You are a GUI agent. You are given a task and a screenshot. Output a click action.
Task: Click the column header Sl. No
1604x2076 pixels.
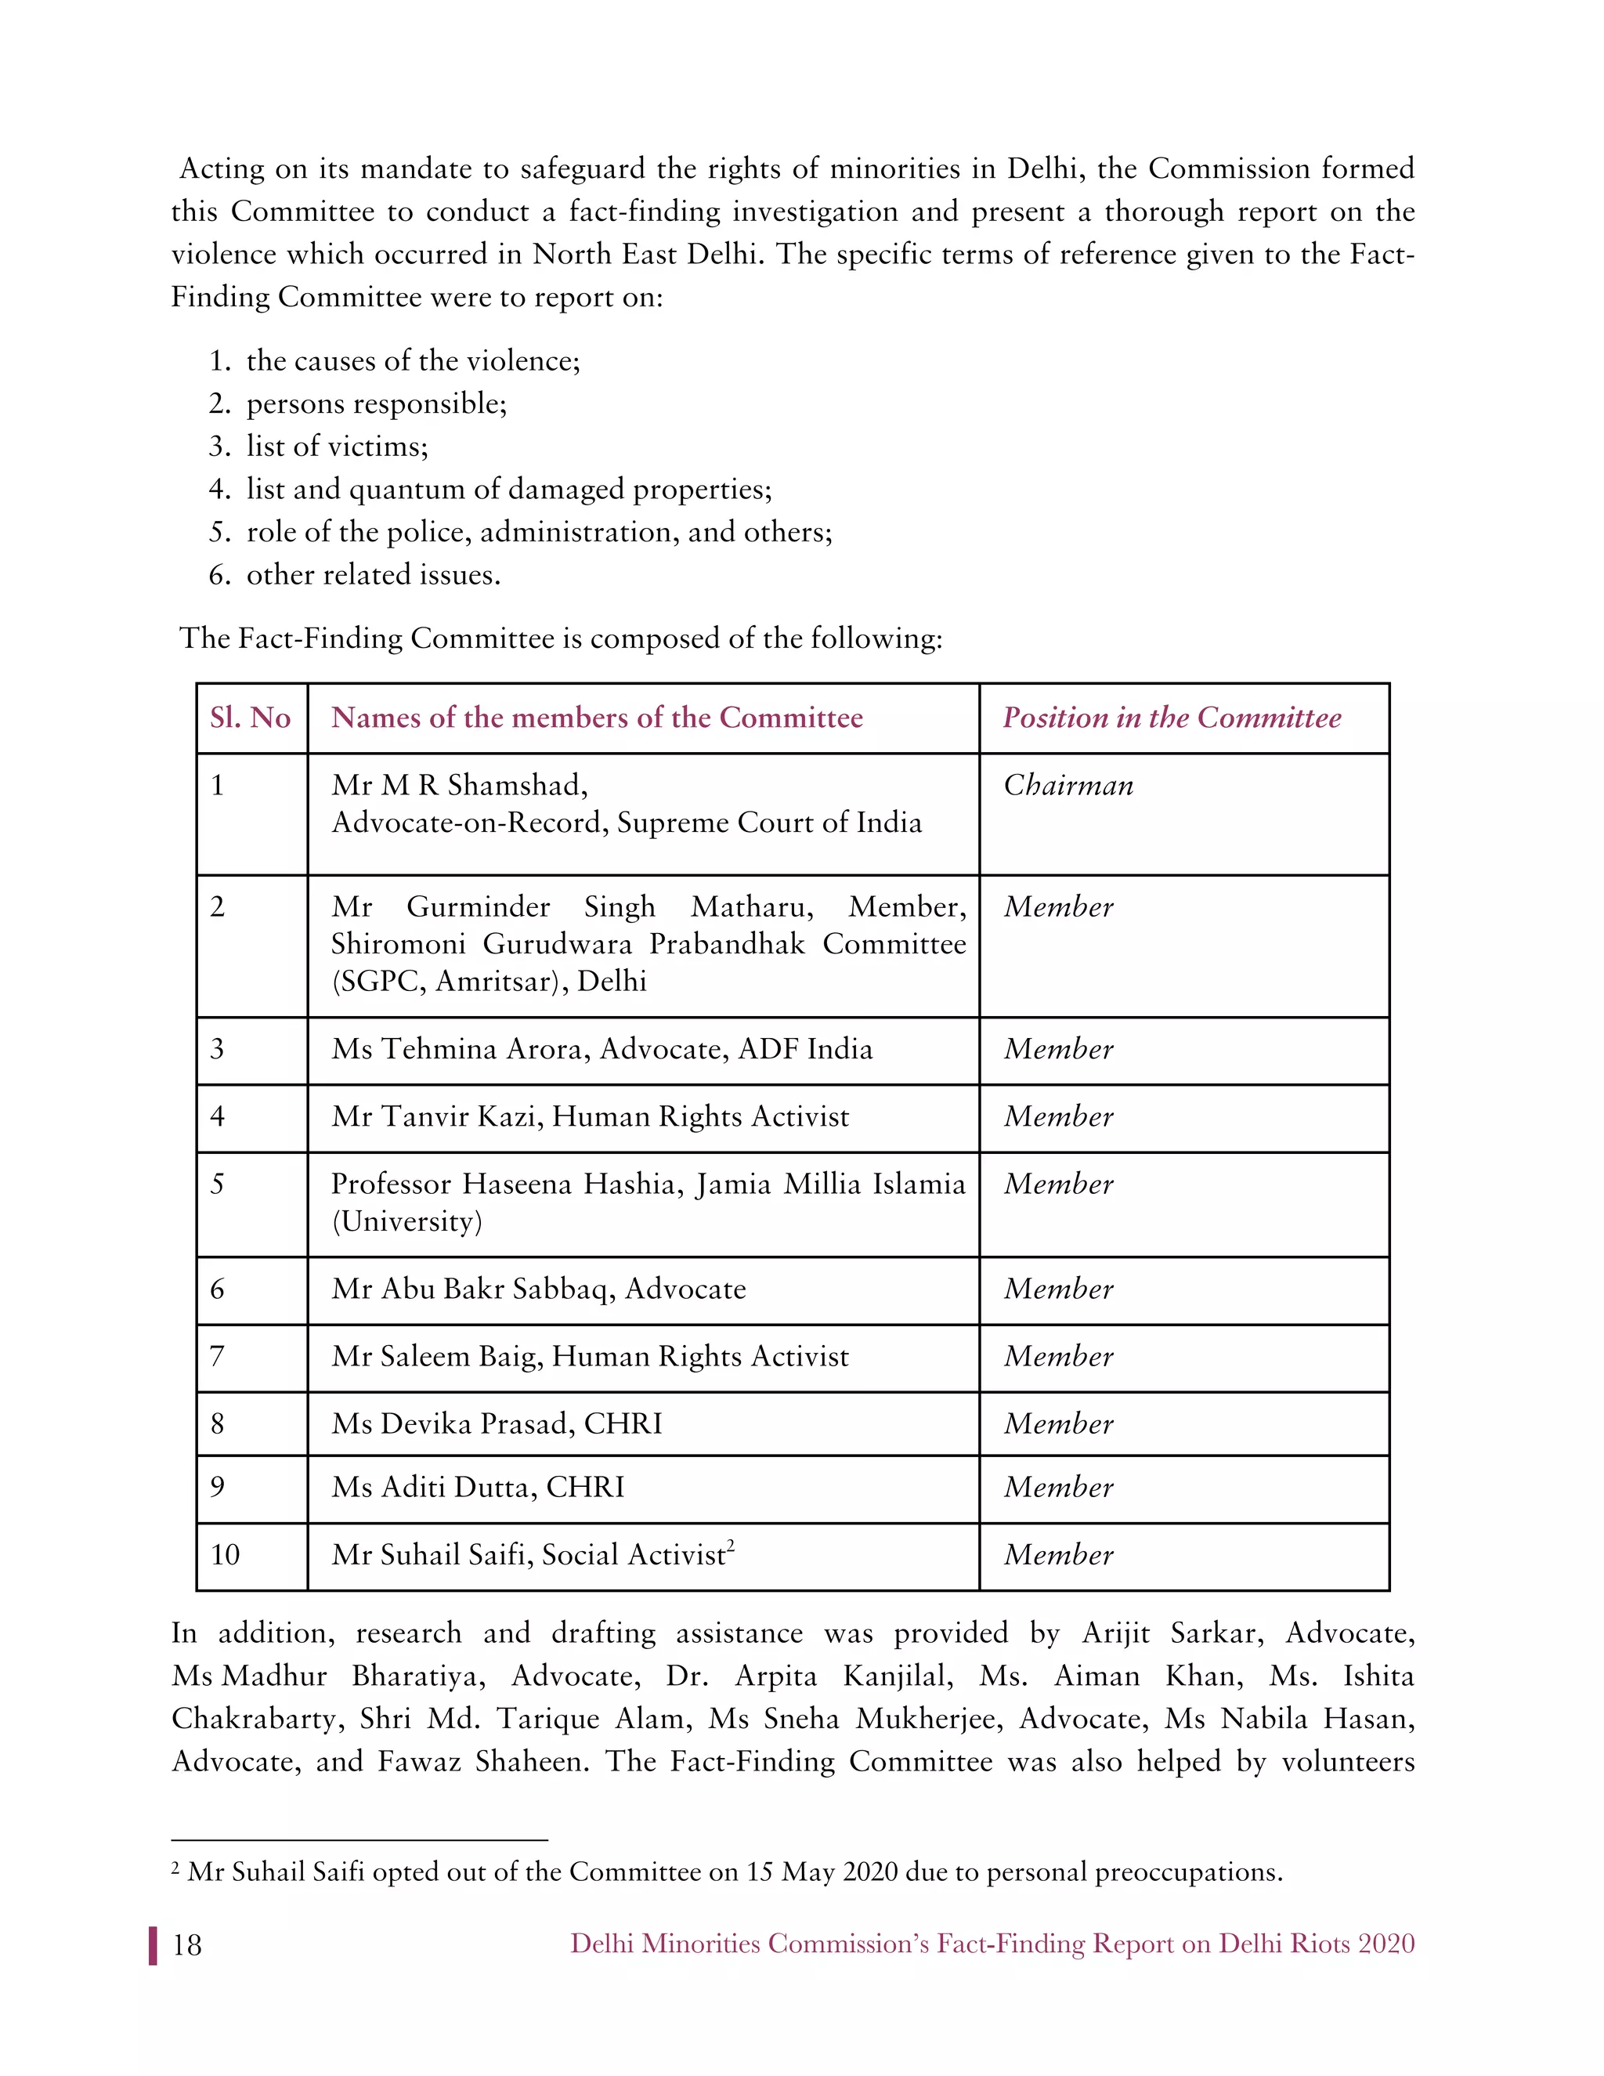(250, 718)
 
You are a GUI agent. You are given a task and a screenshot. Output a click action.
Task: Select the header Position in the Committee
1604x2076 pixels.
(1172, 718)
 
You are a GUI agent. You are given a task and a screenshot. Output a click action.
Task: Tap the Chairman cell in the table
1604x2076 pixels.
(1068, 785)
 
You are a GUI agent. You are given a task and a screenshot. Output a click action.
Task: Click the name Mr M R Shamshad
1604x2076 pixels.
(459, 785)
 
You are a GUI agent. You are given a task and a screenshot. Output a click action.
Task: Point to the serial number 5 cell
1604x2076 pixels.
(218, 1184)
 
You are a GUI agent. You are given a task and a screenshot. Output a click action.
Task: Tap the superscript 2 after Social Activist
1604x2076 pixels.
(731, 1546)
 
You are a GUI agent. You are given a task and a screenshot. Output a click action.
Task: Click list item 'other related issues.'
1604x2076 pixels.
(373, 575)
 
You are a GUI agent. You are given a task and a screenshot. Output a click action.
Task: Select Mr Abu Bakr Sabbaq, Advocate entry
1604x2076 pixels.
(538, 1289)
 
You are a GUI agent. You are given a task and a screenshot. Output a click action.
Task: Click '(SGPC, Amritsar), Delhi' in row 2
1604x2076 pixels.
(489, 981)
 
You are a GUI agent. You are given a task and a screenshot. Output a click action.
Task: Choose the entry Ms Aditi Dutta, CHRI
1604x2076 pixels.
(478, 1488)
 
